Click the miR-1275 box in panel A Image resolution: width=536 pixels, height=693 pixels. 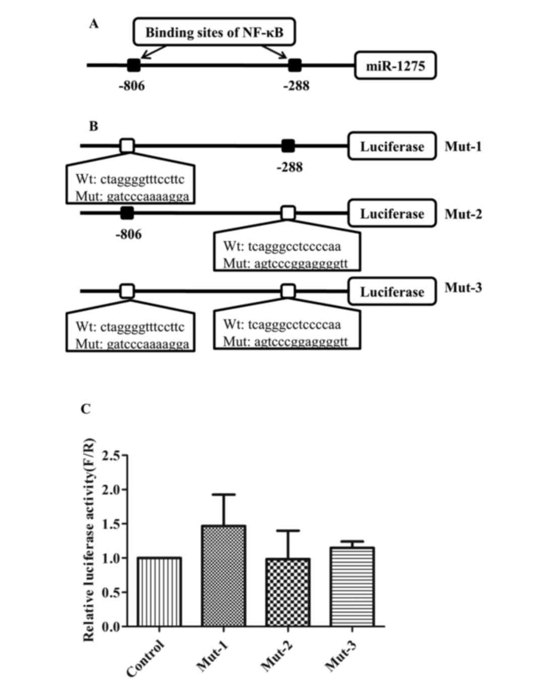click(x=395, y=66)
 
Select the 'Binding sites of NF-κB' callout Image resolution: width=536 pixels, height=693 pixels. click(x=214, y=33)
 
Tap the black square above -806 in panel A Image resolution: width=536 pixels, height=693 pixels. click(x=134, y=65)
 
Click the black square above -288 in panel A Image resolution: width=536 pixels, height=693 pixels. click(x=295, y=65)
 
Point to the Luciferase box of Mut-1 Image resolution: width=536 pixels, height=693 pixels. click(x=392, y=147)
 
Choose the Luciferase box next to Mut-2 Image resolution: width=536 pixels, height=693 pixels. click(x=392, y=214)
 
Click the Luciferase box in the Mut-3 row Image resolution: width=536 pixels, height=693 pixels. click(x=392, y=292)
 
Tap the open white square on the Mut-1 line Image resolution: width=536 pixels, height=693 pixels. click(x=128, y=146)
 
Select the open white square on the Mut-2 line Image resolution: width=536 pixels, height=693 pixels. click(x=288, y=213)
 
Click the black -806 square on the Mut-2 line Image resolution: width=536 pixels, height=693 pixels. click(x=127, y=213)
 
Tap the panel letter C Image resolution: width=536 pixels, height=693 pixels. click(x=86, y=409)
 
